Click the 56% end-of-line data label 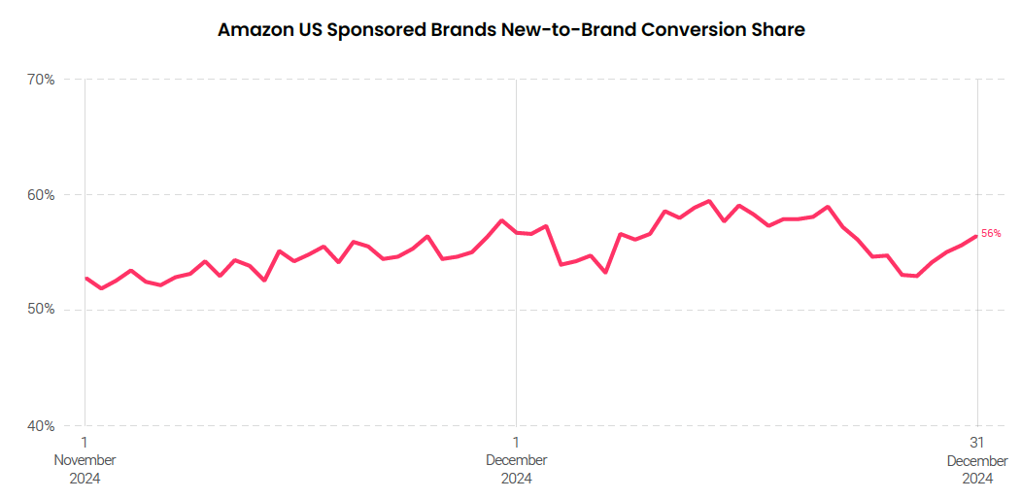point(991,233)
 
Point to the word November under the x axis point(85,460)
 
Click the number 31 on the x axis point(977,443)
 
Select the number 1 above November point(85,443)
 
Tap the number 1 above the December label point(516,443)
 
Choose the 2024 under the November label point(85,478)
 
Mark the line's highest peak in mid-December point(709,201)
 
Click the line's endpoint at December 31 point(976,236)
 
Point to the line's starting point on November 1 point(85,278)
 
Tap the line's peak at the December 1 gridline point(501,220)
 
